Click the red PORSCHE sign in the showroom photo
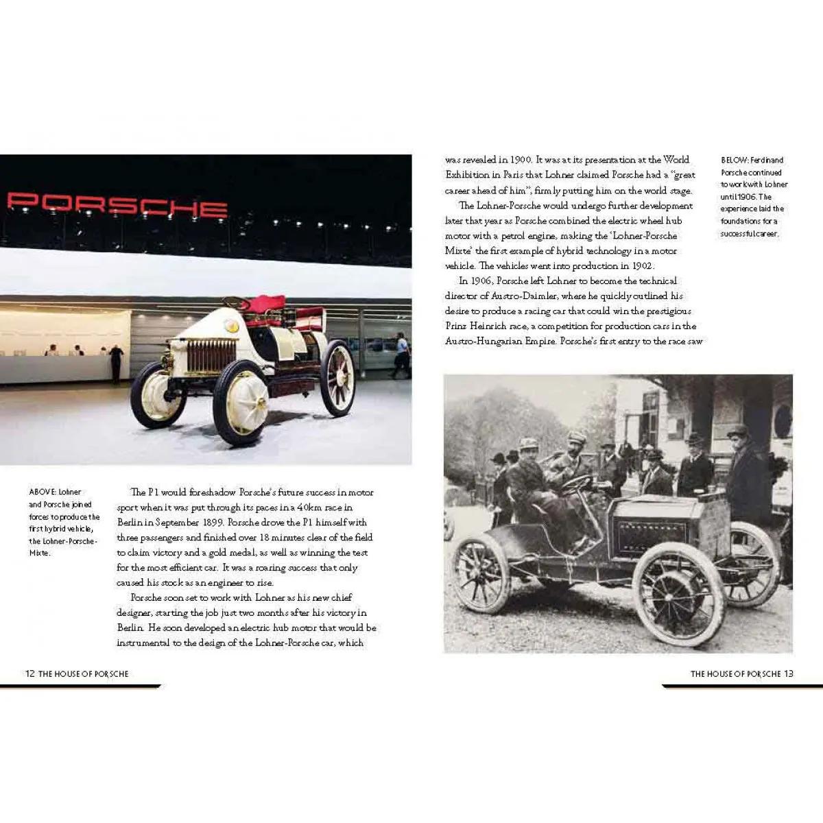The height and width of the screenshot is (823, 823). click(x=117, y=204)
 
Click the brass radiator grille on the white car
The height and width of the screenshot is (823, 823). click(x=211, y=356)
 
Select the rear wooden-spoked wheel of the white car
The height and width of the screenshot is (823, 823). click(x=337, y=379)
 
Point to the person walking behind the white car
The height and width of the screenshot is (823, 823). click(x=401, y=354)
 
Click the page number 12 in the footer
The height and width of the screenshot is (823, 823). click(x=29, y=673)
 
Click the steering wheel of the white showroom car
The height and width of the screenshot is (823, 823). click(x=235, y=302)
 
